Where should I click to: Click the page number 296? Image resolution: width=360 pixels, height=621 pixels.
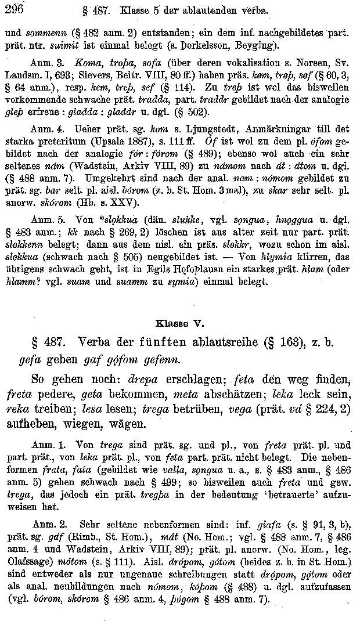[13, 7]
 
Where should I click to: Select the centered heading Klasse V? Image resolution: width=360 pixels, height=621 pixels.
[180, 323]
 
